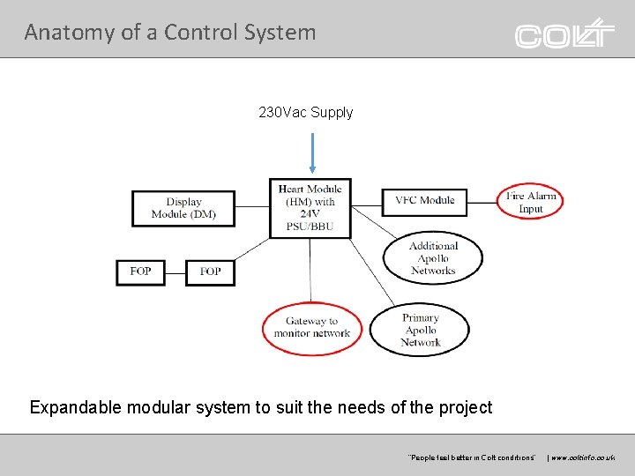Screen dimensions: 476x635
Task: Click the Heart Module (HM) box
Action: [310, 208]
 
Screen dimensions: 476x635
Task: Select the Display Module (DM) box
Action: [183, 208]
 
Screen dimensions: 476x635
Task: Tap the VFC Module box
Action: [424, 201]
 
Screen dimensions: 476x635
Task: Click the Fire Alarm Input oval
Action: [530, 202]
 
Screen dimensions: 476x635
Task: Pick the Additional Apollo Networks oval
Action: [433, 258]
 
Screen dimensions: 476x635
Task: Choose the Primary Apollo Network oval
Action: [420, 330]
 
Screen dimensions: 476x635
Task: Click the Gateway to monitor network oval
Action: [312, 328]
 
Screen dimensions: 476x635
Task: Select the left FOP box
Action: [140, 271]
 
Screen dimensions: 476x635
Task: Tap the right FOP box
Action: [210, 272]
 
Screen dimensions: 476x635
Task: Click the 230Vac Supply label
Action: [305, 113]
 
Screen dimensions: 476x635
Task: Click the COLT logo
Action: [565, 33]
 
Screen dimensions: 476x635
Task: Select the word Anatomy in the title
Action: [57, 33]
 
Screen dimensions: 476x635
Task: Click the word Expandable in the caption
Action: [76, 407]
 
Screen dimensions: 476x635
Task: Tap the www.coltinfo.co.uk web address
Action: [584, 457]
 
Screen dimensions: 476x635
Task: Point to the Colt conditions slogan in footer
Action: [471, 457]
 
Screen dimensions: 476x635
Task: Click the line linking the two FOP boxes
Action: [176, 272]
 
